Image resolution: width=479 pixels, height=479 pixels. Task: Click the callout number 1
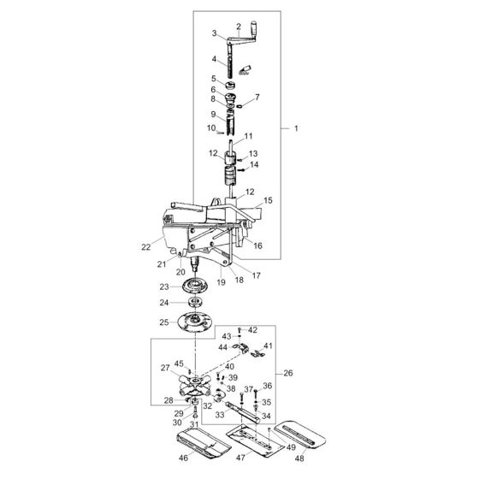(297, 128)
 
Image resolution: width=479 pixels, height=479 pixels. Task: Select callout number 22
(146, 247)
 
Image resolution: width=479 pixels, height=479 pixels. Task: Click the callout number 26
(288, 373)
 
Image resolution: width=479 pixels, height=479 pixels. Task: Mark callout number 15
(268, 200)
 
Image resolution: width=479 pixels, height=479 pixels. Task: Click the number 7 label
(257, 98)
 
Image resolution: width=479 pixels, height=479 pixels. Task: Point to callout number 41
(268, 346)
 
